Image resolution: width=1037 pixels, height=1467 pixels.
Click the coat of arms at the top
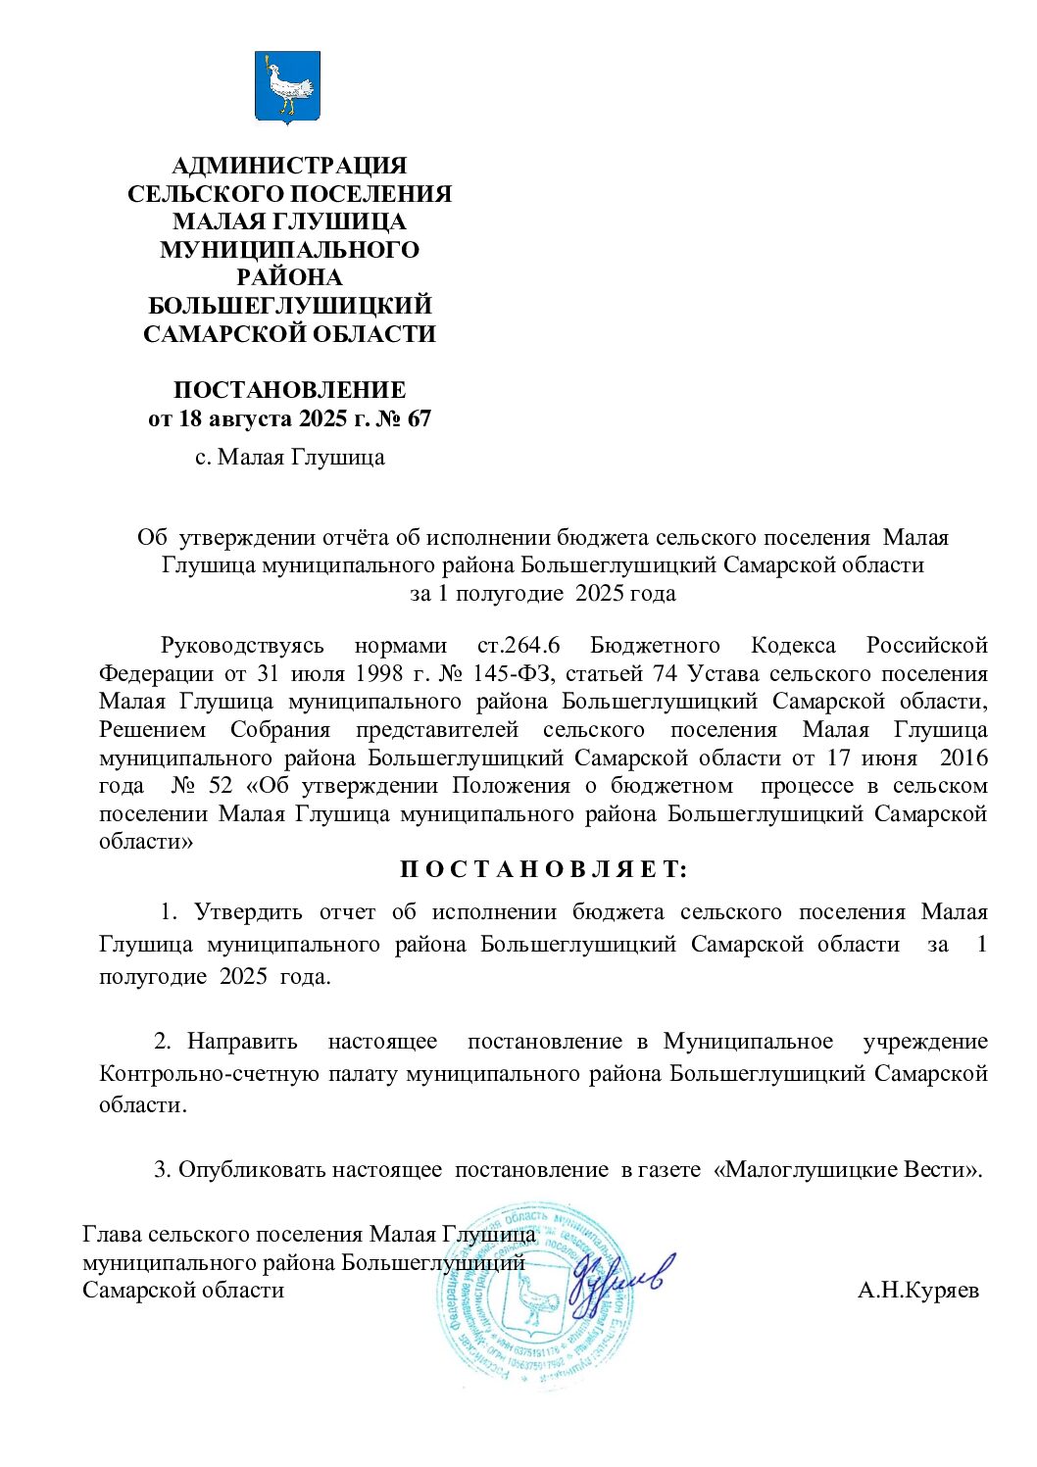pos(288,86)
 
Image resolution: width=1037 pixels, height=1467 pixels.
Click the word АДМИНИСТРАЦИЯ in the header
pos(289,166)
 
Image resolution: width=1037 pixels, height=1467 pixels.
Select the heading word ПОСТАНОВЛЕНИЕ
pos(289,390)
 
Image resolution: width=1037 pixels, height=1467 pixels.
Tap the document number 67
pos(419,418)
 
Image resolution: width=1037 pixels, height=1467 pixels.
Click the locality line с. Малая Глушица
pos(289,457)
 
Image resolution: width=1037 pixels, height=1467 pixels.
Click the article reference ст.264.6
pos(518,646)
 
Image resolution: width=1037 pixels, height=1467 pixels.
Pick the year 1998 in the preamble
pos(351,674)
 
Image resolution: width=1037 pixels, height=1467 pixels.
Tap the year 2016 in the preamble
pos(963,758)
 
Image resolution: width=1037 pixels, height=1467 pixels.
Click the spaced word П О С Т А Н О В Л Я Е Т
pos(543,869)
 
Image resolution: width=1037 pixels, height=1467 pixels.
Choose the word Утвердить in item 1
pos(248,912)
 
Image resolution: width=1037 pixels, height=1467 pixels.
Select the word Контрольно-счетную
pos(210,1073)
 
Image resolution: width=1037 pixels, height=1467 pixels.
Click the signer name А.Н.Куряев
pos(917,1290)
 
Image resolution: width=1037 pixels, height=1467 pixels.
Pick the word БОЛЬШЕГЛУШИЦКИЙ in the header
pos(289,306)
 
